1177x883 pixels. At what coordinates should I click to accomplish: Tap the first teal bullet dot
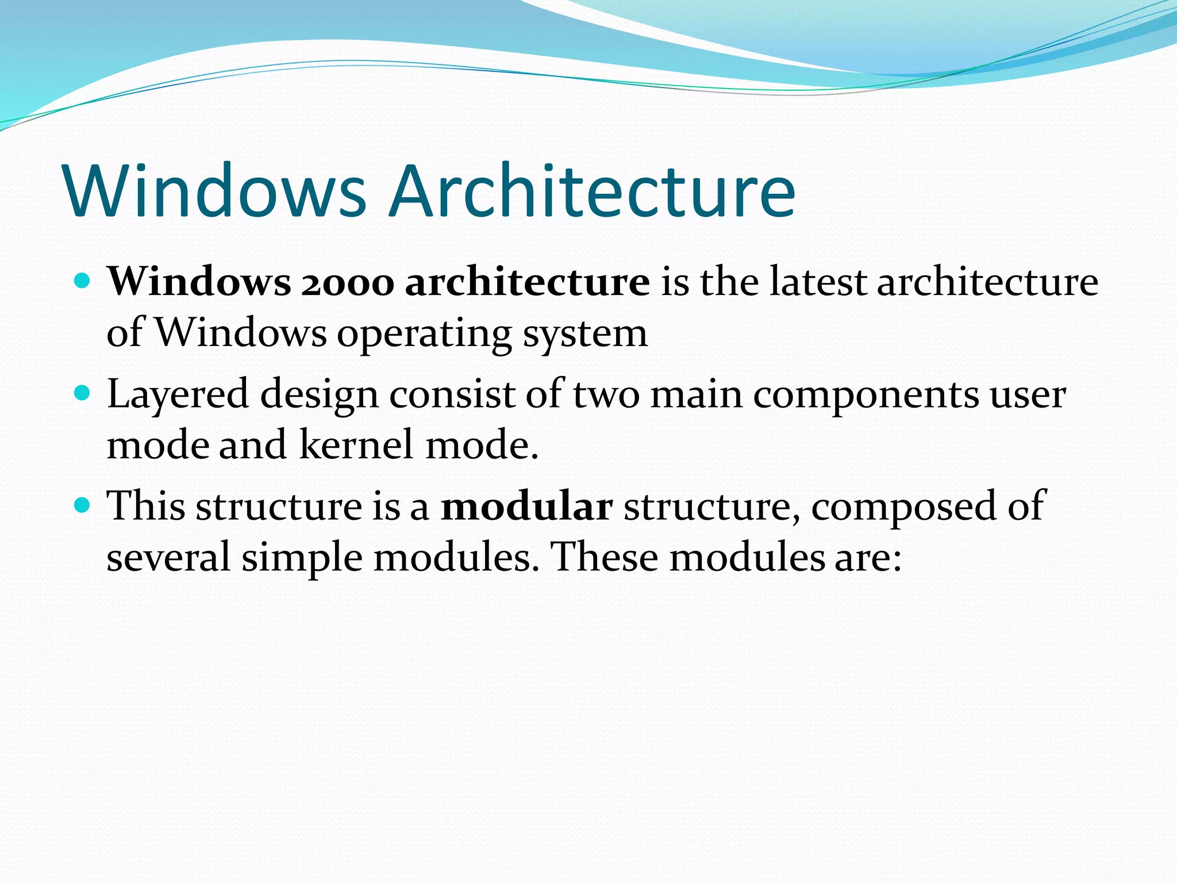click(x=83, y=281)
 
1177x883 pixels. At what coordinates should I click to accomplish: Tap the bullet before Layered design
click(x=83, y=393)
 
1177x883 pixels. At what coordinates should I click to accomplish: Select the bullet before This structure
click(x=83, y=505)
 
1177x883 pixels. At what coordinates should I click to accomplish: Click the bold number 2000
click(x=347, y=283)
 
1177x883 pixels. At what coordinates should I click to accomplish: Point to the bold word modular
click(x=526, y=506)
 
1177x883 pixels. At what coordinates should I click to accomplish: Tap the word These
click(x=603, y=556)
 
